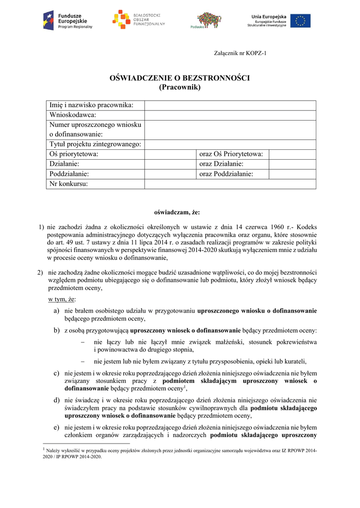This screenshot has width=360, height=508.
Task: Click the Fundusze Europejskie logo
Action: (68, 20)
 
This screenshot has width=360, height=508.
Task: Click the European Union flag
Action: (300, 21)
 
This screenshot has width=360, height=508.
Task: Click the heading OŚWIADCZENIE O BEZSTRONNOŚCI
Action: (179, 78)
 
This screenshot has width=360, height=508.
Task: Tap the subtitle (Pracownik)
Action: (179, 87)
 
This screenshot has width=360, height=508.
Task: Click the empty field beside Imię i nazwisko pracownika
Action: (230, 105)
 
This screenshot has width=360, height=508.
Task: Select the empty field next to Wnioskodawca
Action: (230, 115)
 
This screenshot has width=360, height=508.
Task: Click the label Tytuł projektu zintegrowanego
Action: (95, 144)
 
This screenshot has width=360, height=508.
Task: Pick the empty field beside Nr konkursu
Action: (230, 184)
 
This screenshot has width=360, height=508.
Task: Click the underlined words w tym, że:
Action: (63, 300)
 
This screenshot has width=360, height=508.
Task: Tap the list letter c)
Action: (57, 373)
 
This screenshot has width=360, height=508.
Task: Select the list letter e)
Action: (57, 427)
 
